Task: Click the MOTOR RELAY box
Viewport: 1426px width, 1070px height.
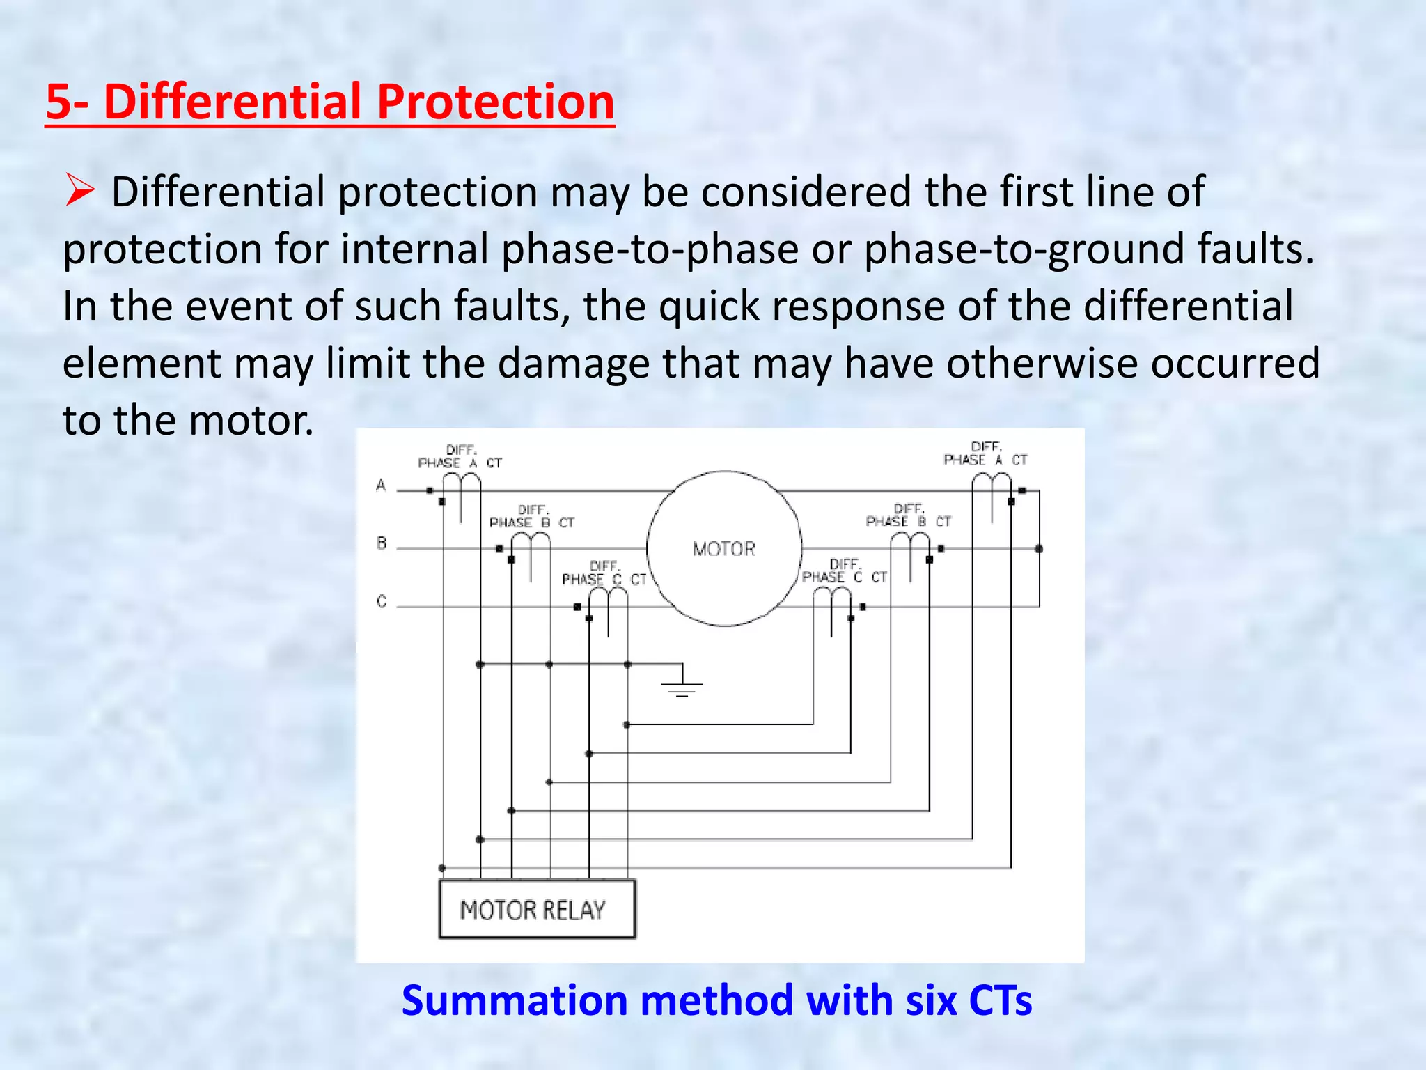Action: (x=536, y=909)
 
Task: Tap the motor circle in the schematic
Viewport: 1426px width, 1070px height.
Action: (x=724, y=549)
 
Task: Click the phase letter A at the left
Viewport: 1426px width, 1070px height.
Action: (x=381, y=485)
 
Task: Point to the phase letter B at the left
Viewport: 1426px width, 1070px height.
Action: (x=382, y=543)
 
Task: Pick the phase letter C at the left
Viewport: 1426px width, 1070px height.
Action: (x=382, y=600)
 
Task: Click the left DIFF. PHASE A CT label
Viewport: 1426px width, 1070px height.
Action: (x=460, y=457)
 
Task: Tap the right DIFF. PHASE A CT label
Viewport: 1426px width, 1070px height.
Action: (x=985, y=453)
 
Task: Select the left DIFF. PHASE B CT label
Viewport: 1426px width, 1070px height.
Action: (x=532, y=517)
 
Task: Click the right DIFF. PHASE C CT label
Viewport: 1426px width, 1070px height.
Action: (x=844, y=571)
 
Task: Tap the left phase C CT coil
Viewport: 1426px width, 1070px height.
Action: (x=609, y=598)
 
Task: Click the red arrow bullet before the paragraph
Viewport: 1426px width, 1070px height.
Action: (x=80, y=191)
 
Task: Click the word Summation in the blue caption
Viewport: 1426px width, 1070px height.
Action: (x=515, y=1000)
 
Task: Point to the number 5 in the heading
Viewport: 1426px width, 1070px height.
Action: (x=58, y=102)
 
